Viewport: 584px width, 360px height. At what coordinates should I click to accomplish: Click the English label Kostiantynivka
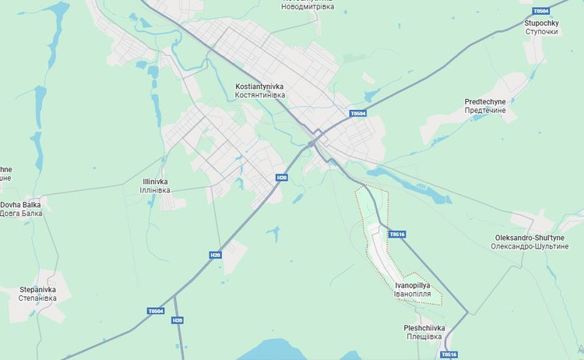click(x=259, y=86)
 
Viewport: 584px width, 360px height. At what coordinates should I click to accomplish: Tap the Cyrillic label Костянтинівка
click(x=259, y=95)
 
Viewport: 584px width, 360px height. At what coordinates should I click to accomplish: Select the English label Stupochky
click(x=541, y=23)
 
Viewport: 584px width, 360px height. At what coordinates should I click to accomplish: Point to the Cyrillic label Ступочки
click(x=541, y=32)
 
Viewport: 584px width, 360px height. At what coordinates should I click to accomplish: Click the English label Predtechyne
click(x=485, y=101)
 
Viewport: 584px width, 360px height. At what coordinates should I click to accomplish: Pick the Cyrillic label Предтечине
click(x=485, y=111)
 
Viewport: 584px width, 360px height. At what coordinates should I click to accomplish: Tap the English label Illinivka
click(x=154, y=182)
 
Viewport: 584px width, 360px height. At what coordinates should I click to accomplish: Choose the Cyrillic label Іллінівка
click(x=154, y=190)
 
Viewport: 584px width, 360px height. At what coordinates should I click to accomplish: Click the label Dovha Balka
click(x=20, y=205)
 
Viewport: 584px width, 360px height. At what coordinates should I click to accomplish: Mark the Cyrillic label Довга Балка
click(x=20, y=214)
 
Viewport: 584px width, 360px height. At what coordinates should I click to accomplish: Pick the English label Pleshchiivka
click(x=424, y=328)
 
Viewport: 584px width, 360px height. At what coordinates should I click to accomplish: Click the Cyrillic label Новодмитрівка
click(x=308, y=6)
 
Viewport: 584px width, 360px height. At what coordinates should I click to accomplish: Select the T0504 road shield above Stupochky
click(x=540, y=11)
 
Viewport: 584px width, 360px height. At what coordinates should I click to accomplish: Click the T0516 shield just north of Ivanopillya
click(x=397, y=234)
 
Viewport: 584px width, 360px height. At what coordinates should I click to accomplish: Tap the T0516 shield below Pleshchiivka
click(x=449, y=355)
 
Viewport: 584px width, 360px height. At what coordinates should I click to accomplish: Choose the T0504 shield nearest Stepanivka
click(x=156, y=311)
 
